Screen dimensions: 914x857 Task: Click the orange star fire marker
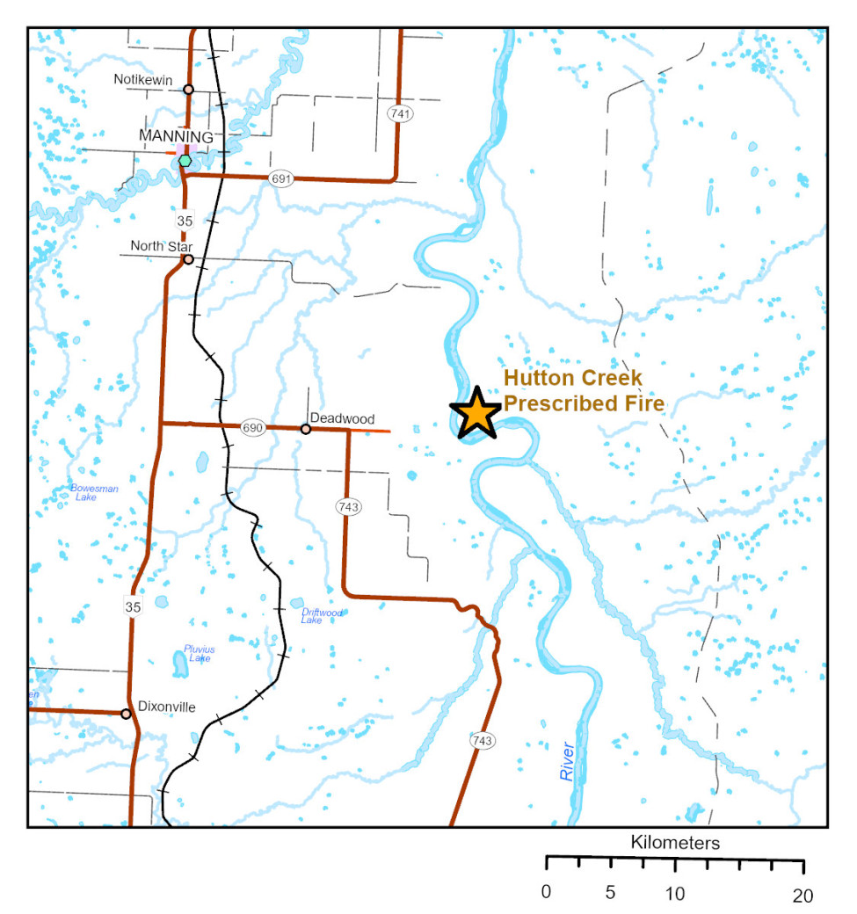click(476, 411)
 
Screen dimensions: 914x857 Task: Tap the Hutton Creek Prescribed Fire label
click(584, 392)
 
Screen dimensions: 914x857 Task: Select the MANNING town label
click(176, 137)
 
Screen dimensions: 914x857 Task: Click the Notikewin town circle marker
click(188, 89)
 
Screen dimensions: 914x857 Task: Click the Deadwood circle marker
click(305, 429)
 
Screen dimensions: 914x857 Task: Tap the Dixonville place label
click(166, 706)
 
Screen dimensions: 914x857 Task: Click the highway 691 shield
click(280, 179)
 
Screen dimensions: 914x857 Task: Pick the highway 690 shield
click(252, 427)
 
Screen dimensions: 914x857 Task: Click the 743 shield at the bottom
click(481, 741)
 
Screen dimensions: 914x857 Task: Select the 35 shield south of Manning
click(185, 220)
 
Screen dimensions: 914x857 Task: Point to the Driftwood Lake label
click(322, 615)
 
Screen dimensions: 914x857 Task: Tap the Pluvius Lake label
click(199, 653)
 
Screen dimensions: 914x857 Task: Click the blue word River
click(567, 762)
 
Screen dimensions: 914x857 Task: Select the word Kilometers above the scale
click(675, 843)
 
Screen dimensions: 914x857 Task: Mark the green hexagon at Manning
click(184, 161)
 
